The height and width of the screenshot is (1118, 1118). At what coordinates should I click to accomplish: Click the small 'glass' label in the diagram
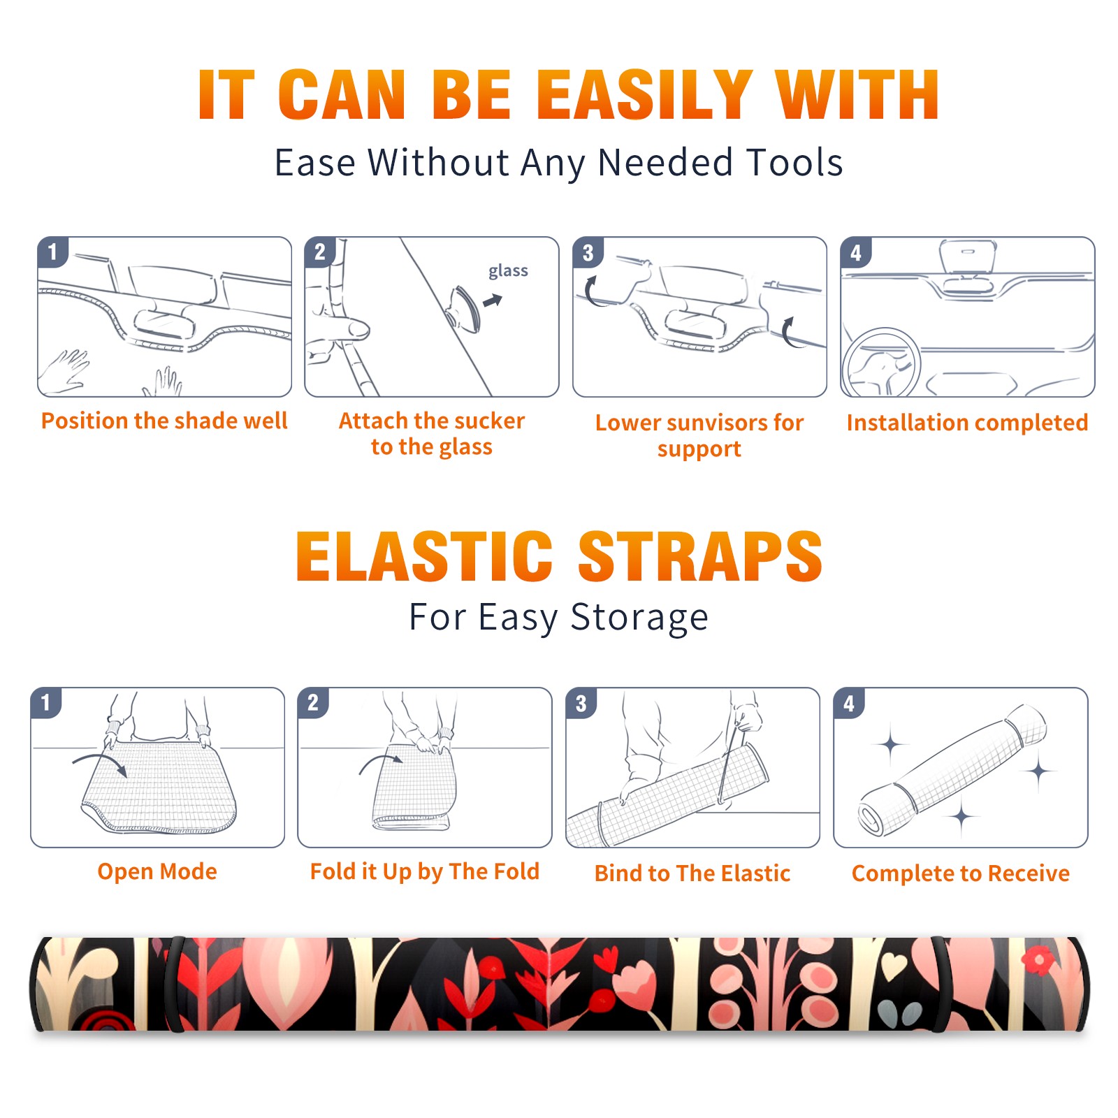tap(508, 271)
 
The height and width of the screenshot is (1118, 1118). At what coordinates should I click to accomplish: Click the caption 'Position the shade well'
tap(164, 421)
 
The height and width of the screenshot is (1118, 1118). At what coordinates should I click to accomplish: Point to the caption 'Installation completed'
tap(967, 422)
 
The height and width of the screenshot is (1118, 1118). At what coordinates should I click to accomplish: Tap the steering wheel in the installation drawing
tap(881, 363)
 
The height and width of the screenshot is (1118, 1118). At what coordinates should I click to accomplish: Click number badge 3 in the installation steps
tap(588, 252)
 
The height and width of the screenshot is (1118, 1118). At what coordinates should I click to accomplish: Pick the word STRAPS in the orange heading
tap(700, 556)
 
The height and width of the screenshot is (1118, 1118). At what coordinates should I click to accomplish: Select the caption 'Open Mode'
tap(157, 871)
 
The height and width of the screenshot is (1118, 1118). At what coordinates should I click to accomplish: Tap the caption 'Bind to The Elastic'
tap(692, 873)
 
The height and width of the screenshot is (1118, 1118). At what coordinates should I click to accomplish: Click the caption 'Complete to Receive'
tap(961, 873)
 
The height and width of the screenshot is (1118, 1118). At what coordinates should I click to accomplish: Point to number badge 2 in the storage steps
tap(313, 702)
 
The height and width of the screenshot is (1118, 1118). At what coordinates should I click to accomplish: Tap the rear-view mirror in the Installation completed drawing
tap(967, 257)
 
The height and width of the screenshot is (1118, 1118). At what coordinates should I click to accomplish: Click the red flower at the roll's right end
tap(1038, 961)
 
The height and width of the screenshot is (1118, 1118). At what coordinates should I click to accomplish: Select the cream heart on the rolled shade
tap(894, 966)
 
